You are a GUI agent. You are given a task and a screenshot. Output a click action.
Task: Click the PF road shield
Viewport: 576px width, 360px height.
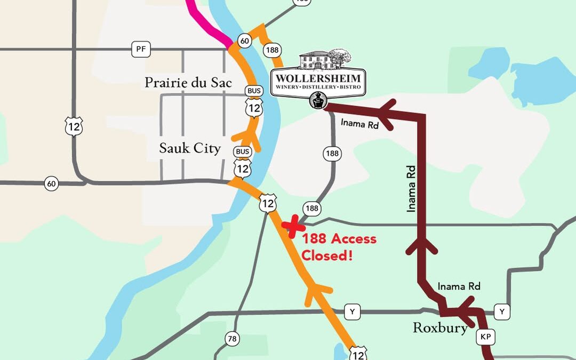pyautogui.click(x=141, y=50)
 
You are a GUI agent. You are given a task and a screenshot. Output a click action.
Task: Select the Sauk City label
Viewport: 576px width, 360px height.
pyautogui.click(x=190, y=148)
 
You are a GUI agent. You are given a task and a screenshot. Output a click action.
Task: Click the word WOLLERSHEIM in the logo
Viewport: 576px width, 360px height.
pyautogui.click(x=318, y=78)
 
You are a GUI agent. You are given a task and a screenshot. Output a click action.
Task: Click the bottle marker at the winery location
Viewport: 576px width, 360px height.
pyautogui.click(x=318, y=101)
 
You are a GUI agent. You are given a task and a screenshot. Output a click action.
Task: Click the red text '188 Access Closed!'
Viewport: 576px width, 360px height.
pyautogui.click(x=339, y=247)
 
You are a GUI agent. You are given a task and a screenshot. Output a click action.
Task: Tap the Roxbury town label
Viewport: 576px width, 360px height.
pyautogui.click(x=440, y=327)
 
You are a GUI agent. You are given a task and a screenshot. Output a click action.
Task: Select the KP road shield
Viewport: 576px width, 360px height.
pyautogui.click(x=485, y=337)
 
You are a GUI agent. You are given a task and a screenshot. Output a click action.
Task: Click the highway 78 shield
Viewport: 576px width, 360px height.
pyautogui.click(x=232, y=339)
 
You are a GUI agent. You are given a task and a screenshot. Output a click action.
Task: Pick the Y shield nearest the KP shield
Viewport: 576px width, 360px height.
pyautogui.click(x=502, y=310)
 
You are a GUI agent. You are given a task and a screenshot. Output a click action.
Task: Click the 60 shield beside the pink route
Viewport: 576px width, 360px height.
pyautogui.click(x=245, y=41)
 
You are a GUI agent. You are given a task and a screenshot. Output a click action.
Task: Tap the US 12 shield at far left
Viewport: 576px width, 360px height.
pyautogui.click(x=74, y=126)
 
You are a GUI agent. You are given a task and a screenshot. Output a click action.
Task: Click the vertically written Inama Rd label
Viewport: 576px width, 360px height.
pyautogui.click(x=411, y=188)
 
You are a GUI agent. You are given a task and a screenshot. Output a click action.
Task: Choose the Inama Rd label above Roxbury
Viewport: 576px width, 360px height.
pyautogui.click(x=459, y=286)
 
